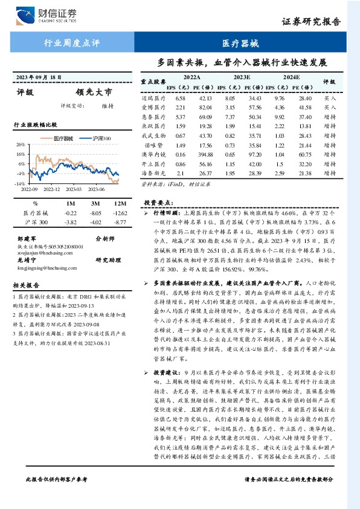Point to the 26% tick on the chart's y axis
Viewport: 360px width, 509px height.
20,145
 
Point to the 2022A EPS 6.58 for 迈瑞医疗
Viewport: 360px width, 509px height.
180,97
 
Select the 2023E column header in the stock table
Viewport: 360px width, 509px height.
242,77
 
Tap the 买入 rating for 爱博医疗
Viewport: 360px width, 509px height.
330,107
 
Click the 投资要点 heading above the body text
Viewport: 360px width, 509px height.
158,203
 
